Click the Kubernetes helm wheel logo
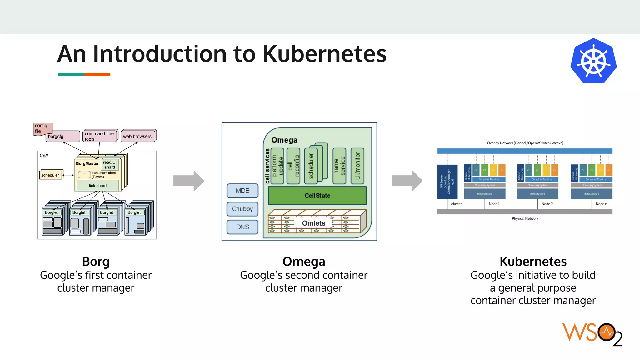pyautogui.click(x=593, y=61)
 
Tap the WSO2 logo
pyautogui.click(x=592, y=334)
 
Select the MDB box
pyautogui.click(x=242, y=191)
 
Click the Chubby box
pyautogui.click(x=242, y=209)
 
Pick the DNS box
pyautogui.click(x=242, y=227)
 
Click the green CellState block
pyautogui.click(x=317, y=196)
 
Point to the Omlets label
pyautogui.click(x=313, y=223)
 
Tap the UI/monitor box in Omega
pyautogui.click(x=357, y=166)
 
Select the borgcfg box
pyautogui.click(x=62, y=137)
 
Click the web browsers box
pyautogui.click(x=138, y=136)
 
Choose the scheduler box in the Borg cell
pyautogui.click(x=50, y=175)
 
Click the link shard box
pyautogui.click(x=98, y=186)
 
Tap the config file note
pyautogui.click(x=42, y=128)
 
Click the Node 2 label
pyautogui.click(x=547, y=204)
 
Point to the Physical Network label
pyautogui.click(x=525, y=218)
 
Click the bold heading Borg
pyautogui.click(x=96, y=261)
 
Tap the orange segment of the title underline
pyautogui.click(x=97, y=74)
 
